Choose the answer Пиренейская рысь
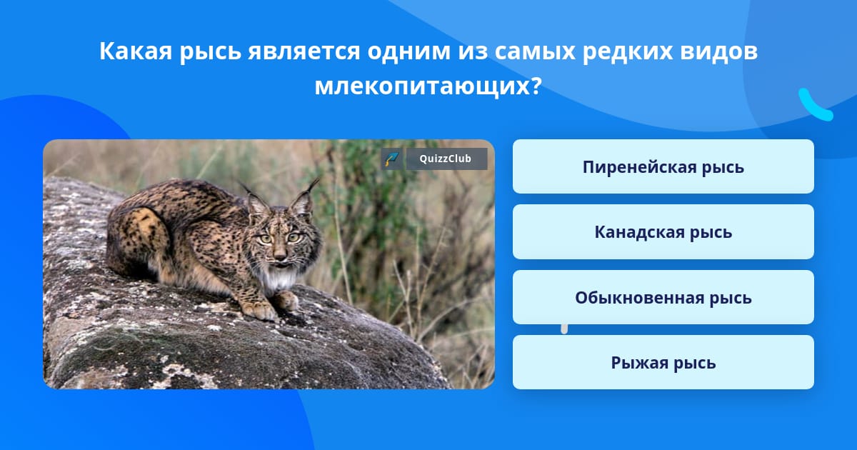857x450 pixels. (663, 166)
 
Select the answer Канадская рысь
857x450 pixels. (663, 232)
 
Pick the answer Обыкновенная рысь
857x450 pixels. (663, 297)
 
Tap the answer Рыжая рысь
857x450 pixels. (663, 362)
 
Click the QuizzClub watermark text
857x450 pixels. (446, 159)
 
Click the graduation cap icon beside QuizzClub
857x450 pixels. (391, 159)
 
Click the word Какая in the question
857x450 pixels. (136, 51)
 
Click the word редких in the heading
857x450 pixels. (628, 51)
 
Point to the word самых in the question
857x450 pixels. (535, 51)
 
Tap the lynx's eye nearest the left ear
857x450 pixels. (265, 239)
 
